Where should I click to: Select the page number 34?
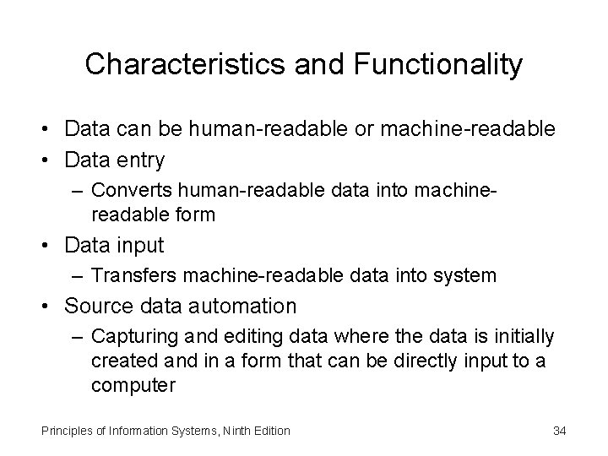(x=559, y=431)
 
